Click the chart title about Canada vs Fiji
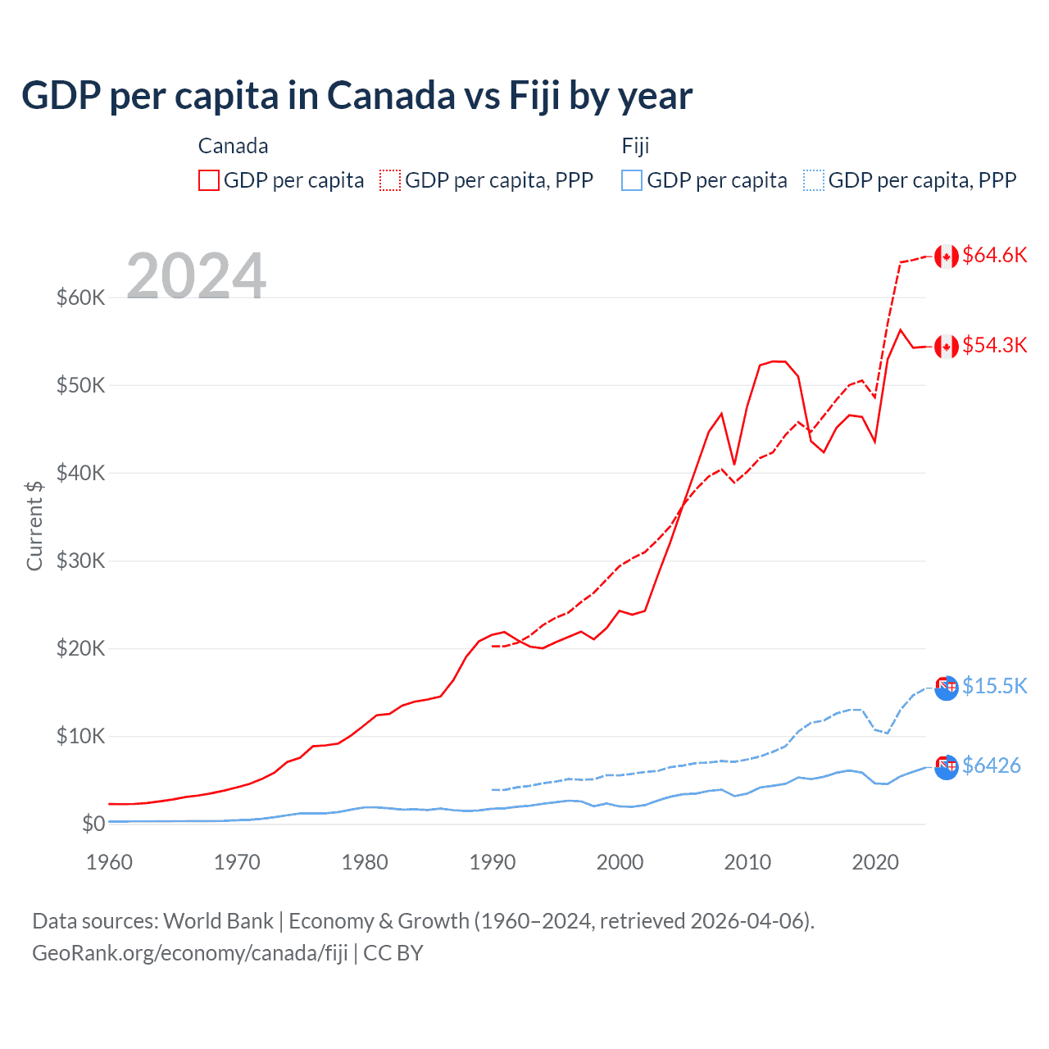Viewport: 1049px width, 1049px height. pyautogui.click(x=356, y=96)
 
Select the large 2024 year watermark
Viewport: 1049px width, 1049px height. pyautogui.click(x=196, y=276)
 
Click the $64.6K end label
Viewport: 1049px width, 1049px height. pyautogui.click(x=994, y=256)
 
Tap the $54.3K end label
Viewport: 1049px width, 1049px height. pyautogui.click(x=994, y=346)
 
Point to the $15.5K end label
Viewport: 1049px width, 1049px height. pyautogui.click(x=994, y=686)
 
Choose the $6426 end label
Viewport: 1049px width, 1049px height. pyautogui.click(x=991, y=765)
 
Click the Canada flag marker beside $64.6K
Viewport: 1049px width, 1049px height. pyautogui.click(x=947, y=257)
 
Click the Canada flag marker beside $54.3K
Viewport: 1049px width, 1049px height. pyautogui.click(x=947, y=347)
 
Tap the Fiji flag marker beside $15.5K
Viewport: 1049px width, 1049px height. pyautogui.click(x=947, y=688)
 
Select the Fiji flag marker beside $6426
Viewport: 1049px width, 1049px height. pyautogui.click(x=947, y=767)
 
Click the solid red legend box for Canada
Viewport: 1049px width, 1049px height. pyautogui.click(x=209, y=180)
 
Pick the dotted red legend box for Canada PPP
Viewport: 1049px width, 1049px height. pyautogui.click(x=390, y=180)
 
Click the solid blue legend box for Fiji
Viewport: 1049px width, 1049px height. pyautogui.click(x=632, y=180)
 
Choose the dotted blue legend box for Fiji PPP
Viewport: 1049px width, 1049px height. pyautogui.click(x=814, y=180)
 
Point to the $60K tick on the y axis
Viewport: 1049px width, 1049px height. pyautogui.click(x=80, y=297)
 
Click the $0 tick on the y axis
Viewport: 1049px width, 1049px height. pyautogui.click(x=93, y=824)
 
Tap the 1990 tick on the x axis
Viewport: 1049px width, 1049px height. pyautogui.click(x=493, y=862)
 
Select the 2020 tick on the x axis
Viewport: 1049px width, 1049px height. pyautogui.click(x=875, y=862)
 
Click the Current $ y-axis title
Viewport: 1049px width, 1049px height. pyautogui.click(x=34, y=525)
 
